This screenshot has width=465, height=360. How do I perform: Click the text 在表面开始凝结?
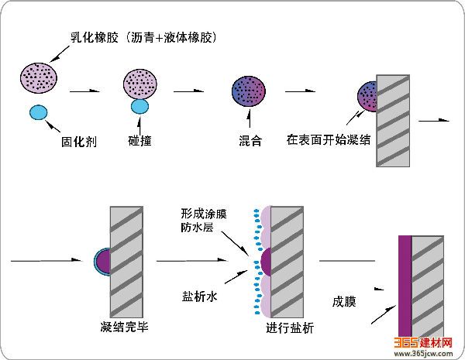(x=327, y=142)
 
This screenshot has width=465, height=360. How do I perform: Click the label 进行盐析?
(x=289, y=327)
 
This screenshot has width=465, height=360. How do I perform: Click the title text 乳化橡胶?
(x=91, y=37)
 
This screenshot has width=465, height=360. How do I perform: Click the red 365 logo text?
(x=407, y=341)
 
